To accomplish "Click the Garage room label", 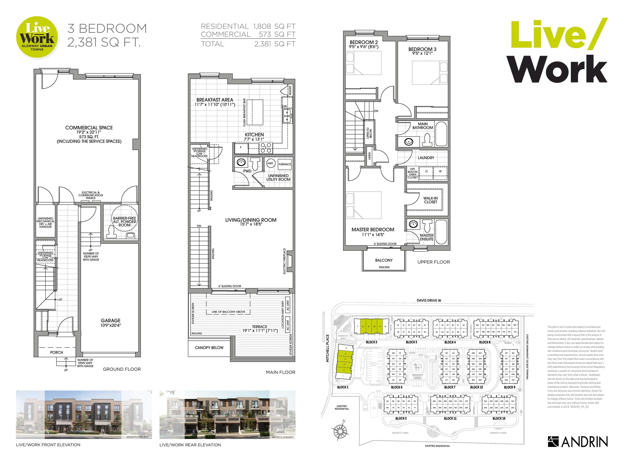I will (110, 320).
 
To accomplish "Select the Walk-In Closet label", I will (430, 200).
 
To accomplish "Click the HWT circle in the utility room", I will (270, 163).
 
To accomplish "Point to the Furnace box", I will (285, 164).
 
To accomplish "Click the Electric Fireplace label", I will (284, 261).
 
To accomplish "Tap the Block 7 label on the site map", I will (450, 387).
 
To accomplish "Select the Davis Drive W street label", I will (429, 300).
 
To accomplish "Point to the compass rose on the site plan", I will (340, 429).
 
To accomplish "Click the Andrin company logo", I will (577, 442).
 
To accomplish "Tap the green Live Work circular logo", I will (37, 37).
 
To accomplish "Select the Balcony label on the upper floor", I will (384, 260).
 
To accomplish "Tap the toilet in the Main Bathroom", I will (428, 139).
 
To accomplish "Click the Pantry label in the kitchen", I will (290, 90).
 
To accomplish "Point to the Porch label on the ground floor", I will (56, 352).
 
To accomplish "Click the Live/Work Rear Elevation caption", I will (190, 445).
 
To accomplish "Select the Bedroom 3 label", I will (422, 49).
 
